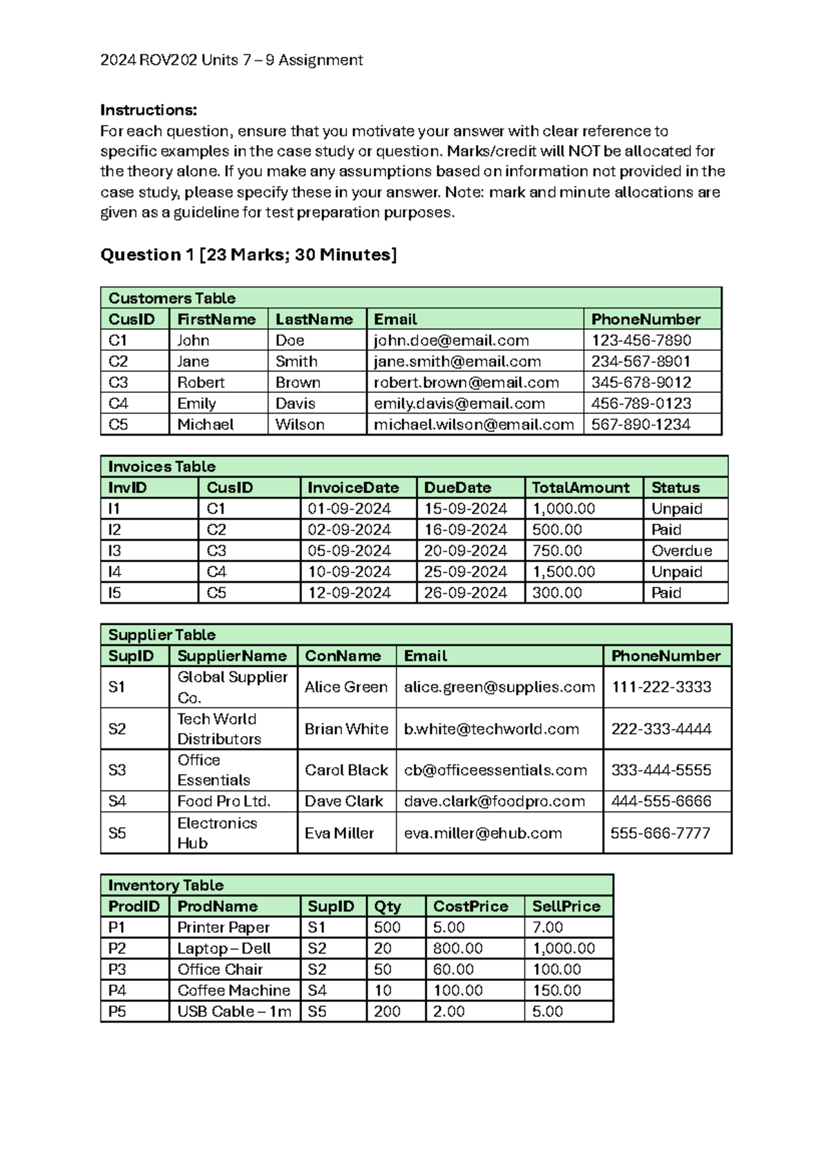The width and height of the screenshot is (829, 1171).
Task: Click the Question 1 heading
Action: click(249, 255)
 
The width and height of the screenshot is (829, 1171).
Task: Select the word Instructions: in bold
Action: click(149, 110)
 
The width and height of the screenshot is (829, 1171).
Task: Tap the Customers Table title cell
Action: click(172, 298)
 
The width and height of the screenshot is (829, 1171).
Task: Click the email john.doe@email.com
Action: click(451, 340)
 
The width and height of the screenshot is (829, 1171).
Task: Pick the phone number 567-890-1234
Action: click(640, 425)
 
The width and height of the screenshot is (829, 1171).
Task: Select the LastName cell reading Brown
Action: click(298, 383)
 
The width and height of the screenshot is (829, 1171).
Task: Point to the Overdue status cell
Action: click(681, 551)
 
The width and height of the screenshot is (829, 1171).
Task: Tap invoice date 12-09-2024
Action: click(349, 593)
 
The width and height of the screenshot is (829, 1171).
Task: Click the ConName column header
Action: click(343, 656)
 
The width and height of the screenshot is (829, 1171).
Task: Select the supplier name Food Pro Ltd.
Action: click(224, 801)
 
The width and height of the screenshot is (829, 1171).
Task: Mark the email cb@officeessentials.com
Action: click(495, 770)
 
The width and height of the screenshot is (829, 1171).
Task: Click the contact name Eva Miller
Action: click(339, 833)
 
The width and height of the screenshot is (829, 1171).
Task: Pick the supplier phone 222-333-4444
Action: click(661, 729)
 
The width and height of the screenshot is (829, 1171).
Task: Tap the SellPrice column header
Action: click(566, 907)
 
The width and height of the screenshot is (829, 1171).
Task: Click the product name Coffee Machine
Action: click(234, 990)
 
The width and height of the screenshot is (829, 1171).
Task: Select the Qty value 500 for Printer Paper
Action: click(387, 927)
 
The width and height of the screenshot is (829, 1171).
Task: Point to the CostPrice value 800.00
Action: click(457, 949)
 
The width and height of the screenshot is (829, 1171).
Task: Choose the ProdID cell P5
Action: click(117, 1012)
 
